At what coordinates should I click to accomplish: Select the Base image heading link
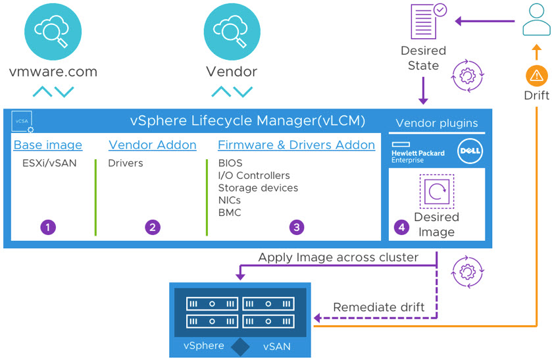coord(48,145)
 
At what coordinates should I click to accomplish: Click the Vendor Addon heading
coord(152,145)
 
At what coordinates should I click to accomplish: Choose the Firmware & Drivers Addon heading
coord(296,145)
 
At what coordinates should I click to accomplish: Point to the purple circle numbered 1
coord(47,227)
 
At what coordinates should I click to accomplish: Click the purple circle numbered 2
coord(153,227)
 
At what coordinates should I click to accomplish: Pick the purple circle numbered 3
coord(297,227)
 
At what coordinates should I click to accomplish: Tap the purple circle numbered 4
coord(401,227)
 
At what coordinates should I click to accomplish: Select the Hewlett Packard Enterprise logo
coord(418,152)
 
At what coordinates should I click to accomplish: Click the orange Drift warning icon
coord(536,74)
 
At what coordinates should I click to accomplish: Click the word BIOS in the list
coord(230,163)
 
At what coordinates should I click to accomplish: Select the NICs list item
coord(230,200)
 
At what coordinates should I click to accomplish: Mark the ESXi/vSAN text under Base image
coord(49,163)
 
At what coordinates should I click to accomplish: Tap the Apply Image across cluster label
coord(338,257)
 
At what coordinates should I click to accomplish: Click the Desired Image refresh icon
coord(436,192)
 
